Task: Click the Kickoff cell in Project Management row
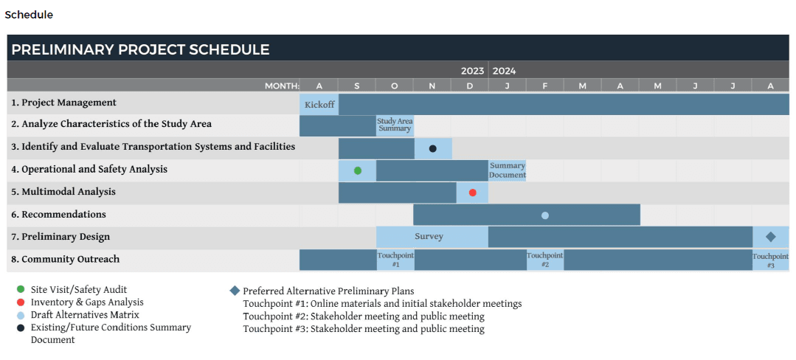point(319,105)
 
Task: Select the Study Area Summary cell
point(395,125)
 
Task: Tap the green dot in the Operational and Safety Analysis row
point(358,170)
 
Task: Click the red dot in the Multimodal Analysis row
point(473,193)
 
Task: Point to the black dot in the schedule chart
point(433,148)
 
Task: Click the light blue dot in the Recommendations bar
point(545,215)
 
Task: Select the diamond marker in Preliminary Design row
point(771,237)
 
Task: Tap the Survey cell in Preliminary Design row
point(429,237)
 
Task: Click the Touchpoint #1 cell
point(395,260)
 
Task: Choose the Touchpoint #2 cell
point(545,260)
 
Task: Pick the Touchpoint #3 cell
point(771,260)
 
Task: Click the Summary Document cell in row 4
point(508,170)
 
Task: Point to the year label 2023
point(472,71)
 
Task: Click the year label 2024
point(505,71)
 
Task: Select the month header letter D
point(470,86)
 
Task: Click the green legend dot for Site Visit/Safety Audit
point(20,290)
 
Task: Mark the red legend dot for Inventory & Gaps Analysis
point(20,302)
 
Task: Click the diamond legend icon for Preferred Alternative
point(235,291)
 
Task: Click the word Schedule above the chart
point(29,15)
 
